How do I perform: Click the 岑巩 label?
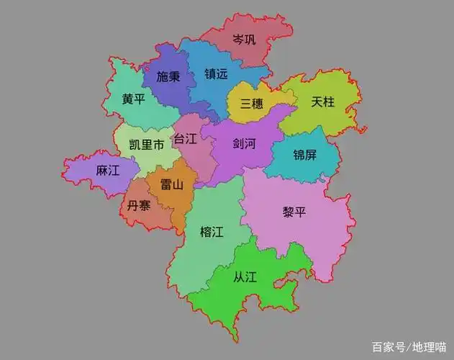click(x=244, y=39)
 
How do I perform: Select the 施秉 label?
click(x=168, y=76)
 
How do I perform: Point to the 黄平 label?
click(x=133, y=99)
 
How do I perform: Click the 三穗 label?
click(x=252, y=104)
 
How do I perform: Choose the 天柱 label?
click(x=323, y=102)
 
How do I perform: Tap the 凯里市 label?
click(x=146, y=145)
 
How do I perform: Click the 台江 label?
click(x=185, y=138)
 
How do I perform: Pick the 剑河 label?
click(x=244, y=143)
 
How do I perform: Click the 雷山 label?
click(x=171, y=184)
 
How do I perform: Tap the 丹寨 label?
click(x=139, y=205)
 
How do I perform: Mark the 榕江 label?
click(x=212, y=232)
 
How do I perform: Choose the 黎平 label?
click(x=294, y=212)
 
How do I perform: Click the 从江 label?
click(x=245, y=276)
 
